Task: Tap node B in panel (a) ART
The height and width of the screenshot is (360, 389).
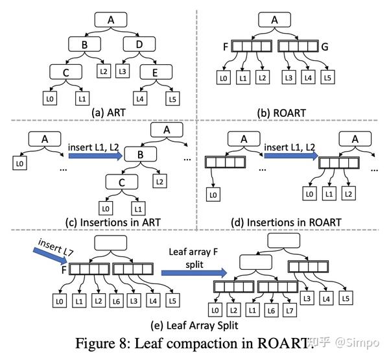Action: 86,45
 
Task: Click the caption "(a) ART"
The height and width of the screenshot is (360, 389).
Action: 110,111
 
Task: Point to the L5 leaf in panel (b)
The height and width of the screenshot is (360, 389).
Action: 328,78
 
